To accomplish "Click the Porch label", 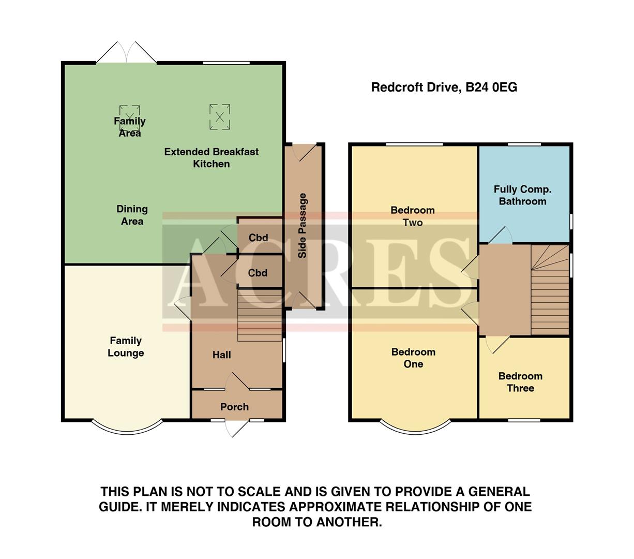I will point(234,407).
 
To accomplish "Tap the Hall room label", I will point(221,355).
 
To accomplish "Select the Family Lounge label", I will point(126,347).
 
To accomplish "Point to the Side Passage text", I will point(303,225).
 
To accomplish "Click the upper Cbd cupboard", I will point(258,238).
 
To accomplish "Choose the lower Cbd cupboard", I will point(258,273).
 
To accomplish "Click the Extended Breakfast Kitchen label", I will point(211,158).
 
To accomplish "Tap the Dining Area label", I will point(132,215).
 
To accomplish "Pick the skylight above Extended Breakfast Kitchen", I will point(219,117).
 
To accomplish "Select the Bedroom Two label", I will point(413,216).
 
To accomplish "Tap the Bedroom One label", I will point(413,358).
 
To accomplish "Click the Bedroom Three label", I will point(520,382).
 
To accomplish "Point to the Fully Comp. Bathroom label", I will point(522,195).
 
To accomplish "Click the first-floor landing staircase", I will point(550,290).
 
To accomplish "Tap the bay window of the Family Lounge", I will point(127,428).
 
